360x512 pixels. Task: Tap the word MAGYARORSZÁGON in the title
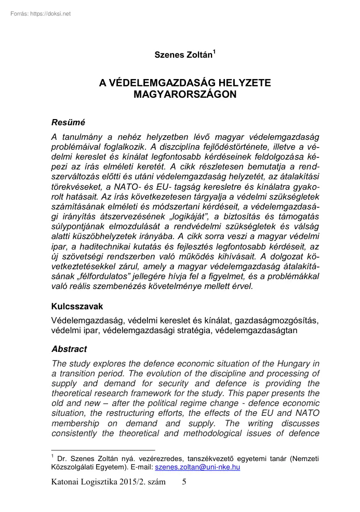tap(185, 95)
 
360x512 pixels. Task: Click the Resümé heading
tap(68, 123)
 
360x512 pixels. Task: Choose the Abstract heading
tap(69, 349)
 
